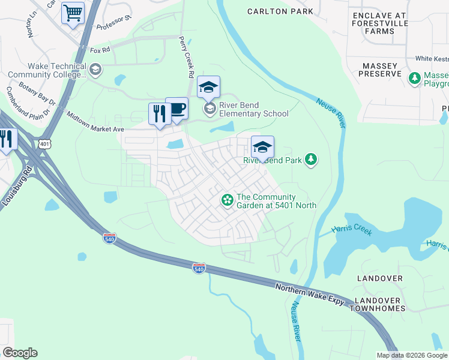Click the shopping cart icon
point(73,13)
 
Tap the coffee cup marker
point(176,109)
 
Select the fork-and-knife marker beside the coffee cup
point(160,114)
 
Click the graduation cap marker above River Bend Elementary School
point(208,88)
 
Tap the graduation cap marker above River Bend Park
point(262,147)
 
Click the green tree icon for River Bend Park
point(311,159)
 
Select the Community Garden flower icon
point(228,200)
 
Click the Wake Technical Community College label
point(48,70)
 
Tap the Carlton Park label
point(280,11)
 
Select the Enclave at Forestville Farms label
point(380,23)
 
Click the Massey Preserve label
point(380,70)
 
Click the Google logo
point(20,353)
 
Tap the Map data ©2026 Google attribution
point(412,355)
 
